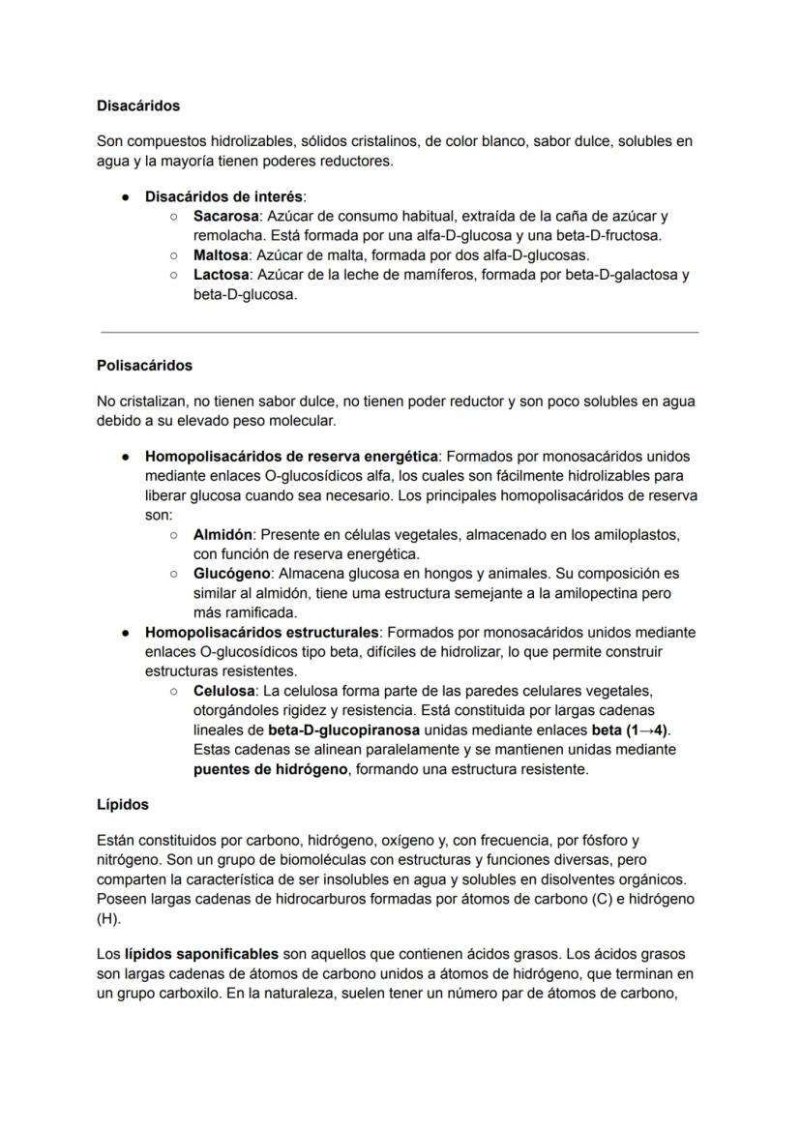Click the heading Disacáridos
tap(138, 104)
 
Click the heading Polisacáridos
tap(144, 365)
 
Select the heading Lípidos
tap(123, 804)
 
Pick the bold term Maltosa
tap(218, 254)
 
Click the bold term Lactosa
tap(220, 274)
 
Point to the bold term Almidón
tap(222, 534)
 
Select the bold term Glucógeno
tap(231, 573)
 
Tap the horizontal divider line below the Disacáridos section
tap(400, 332)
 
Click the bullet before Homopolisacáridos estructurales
tap(126, 632)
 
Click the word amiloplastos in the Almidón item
tap(638, 534)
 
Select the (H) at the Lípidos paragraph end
tap(107, 918)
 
